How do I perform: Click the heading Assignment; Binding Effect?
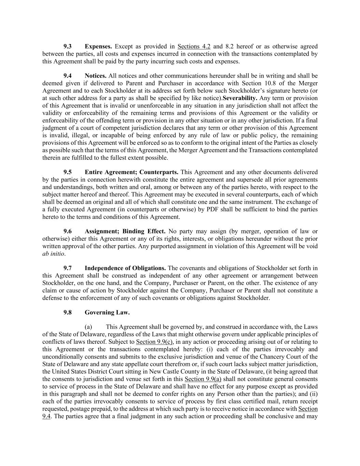[x=125, y=231]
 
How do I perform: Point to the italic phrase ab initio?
[x=53, y=254]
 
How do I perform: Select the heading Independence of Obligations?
[x=125, y=268]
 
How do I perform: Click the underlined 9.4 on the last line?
[x=46, y=416]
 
